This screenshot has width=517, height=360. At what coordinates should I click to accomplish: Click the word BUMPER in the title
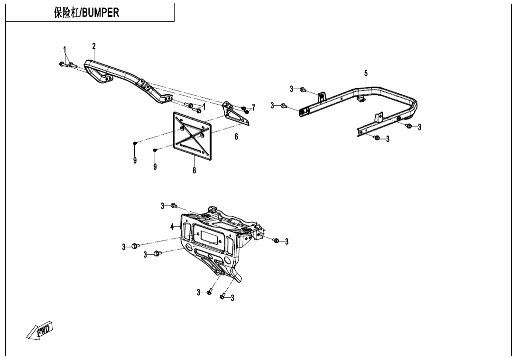click(x=101, y=13)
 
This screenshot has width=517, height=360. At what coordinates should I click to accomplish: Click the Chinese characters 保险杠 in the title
click(x=66, y=13)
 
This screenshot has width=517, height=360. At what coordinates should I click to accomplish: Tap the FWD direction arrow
click(x=40, y=331)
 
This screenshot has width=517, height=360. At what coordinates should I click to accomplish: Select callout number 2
click(x=94, y=46)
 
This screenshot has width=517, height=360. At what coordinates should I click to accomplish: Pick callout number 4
click(x=172, y=227)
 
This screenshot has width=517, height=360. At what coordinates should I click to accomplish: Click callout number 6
click(x=236, y=137)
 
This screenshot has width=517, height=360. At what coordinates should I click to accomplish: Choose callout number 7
click(x=253, y=108)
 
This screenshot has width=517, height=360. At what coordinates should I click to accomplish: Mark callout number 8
click(x=194, y=170)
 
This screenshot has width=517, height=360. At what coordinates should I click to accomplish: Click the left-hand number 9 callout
click(x=135, y=161)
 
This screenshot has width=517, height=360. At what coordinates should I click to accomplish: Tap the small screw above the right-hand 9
click(x=155, y=150)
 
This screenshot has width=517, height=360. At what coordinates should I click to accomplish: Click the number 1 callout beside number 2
click(x=65, y=49)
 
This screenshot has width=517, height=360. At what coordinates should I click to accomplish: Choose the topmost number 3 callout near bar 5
click(x=292, y=89)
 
